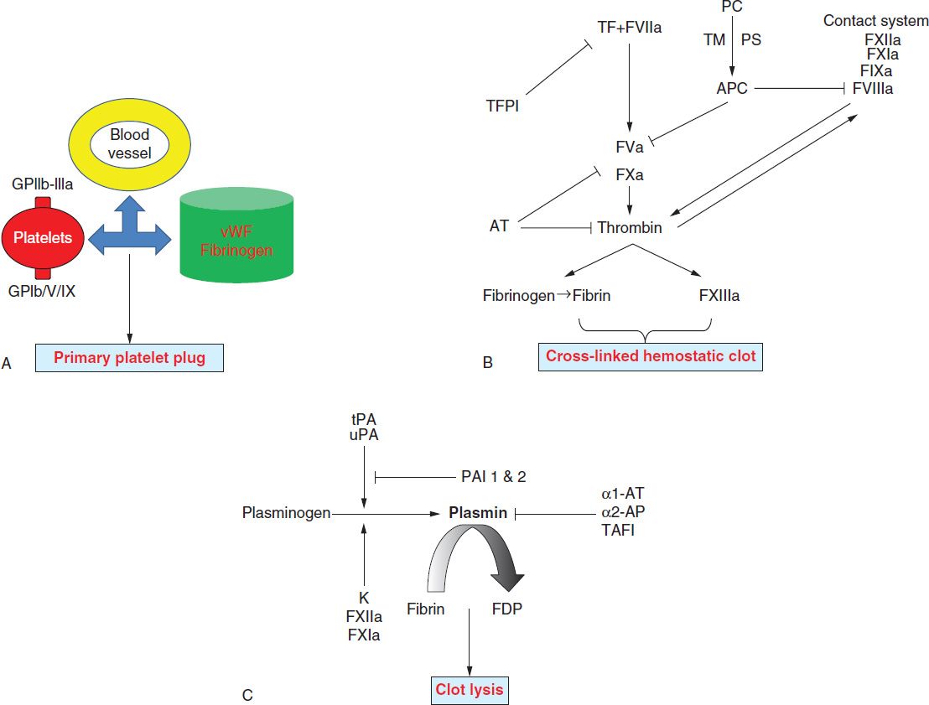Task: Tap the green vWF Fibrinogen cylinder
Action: click(236, 238)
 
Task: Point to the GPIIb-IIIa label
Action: click(43, 184)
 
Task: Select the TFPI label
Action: click(503, 106)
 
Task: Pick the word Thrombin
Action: click(630, 226)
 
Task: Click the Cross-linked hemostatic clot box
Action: click(651, 356)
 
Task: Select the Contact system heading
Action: click(875, 21)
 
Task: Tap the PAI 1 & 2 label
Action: click(492, 475)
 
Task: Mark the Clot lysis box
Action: click(470, 689)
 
